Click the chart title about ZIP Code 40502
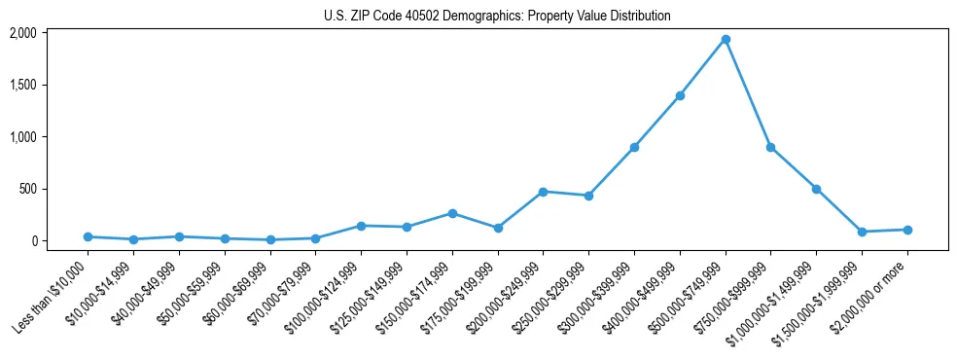coord(497,16)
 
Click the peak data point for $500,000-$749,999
coord(726,40)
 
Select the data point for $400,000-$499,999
coord(680,95)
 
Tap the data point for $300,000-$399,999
coord(634,147)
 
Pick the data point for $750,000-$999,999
coord(770,147)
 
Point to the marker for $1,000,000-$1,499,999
coord(816,189)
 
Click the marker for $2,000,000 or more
coord(907,230)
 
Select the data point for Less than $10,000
coord(88,236)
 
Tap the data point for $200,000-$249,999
coord(543,192)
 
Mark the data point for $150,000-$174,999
coord(452,213)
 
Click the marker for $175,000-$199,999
coord(498,228)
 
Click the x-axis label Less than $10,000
coord(53,296)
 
